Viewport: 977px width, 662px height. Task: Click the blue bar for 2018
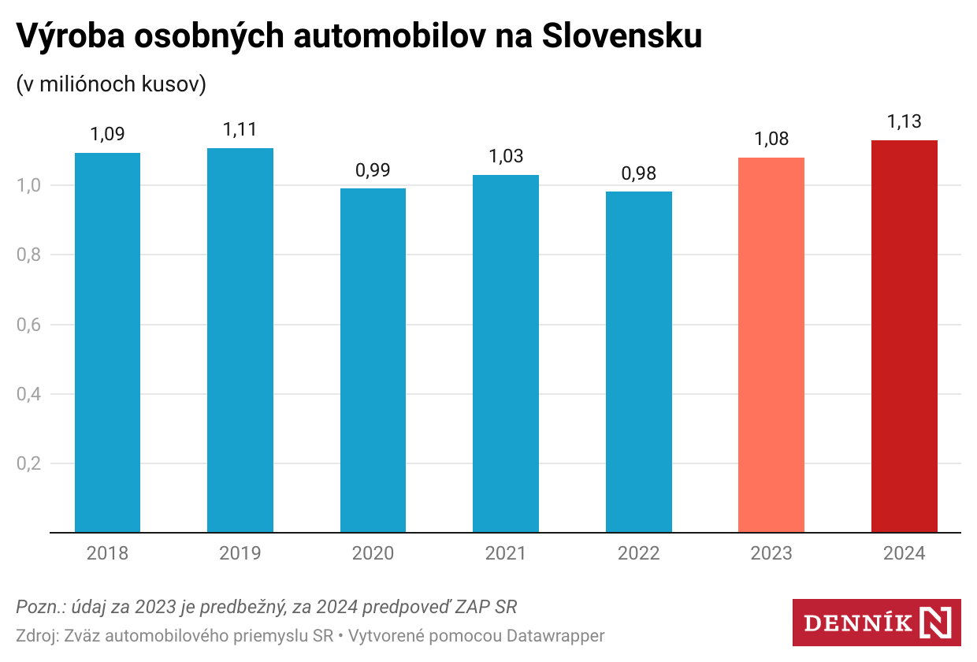point(107,342)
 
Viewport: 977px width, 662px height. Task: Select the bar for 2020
point(373,360)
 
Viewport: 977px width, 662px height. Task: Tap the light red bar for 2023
point(771,344)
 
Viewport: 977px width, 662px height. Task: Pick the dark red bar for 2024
point(904,336)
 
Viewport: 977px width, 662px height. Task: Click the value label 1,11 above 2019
point(240,129)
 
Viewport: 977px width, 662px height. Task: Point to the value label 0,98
point(638,173)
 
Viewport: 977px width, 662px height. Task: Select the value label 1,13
point(904,122)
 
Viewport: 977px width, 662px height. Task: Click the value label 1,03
point(506,156)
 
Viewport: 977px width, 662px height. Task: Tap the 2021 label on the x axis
point(506,554)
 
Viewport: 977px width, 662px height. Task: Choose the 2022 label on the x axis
point(638,554)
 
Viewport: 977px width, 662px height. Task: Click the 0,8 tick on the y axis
point(28,255)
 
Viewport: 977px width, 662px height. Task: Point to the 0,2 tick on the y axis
point(28,463)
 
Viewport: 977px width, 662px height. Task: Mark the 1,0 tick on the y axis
point(28,186)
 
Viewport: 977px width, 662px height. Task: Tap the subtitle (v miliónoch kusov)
point(111,84)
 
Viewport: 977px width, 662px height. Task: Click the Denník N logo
point(876,623)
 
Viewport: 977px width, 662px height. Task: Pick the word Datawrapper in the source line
point(555,635)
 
